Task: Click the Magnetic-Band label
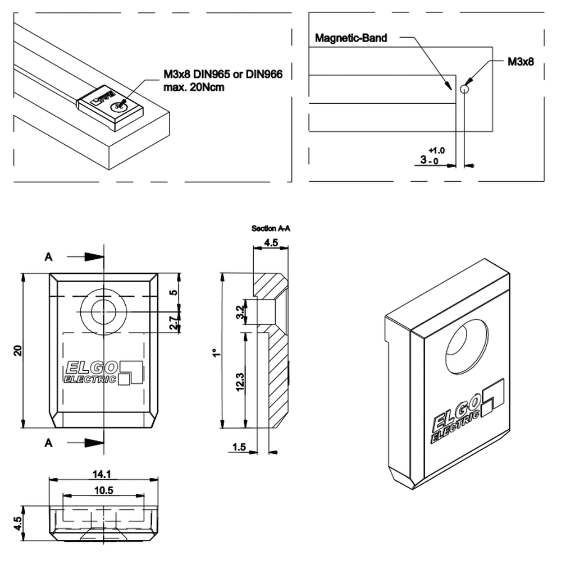pyautogui.click(x=351, y=38)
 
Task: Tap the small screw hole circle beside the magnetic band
pyautogui.click(x=464, y=89)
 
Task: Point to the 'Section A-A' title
pyautogui.click(x=271, y=229)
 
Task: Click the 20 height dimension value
pyautogui.click(x=17, y=351)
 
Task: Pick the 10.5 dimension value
pyautogui.click(x=103, y=490)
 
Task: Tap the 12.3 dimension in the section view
pyautogui.click(x=240, y=381)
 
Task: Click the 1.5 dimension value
pyautogui.click(x=239, y=447)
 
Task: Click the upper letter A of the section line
pyautogui.click(x=49, y=256)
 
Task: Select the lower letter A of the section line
pyautogui.click(x=49, y=443)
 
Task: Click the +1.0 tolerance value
pyautogui.click(x=436, y=150)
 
